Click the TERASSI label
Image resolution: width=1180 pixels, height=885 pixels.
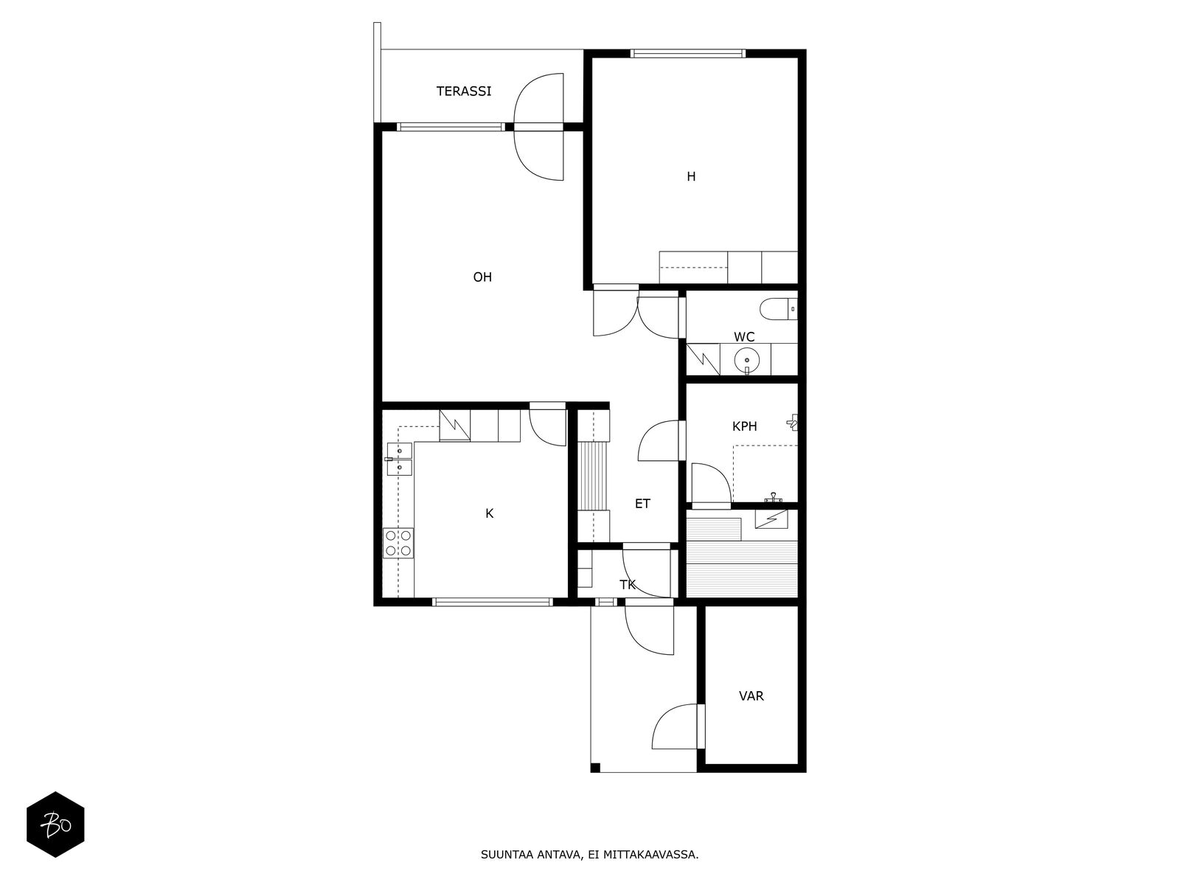click(x=463, y=91)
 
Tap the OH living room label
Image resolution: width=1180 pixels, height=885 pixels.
click(x=482, y=277)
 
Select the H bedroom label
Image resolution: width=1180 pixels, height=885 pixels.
click(x=691, y=176)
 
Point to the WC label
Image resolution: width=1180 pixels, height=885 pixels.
click(x=744, y=337)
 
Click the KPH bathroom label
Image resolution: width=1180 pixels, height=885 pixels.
click(x=744, y=426)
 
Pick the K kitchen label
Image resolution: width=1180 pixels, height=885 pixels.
click(x=489, y=513)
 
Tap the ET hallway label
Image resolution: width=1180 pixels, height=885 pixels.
click(x=642, y=504)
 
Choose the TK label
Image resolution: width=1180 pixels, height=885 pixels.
click(x=628, y=585)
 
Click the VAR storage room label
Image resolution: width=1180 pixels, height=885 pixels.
click(x=751, y=696)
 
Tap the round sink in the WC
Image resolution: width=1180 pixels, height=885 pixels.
click(x=746, y=361)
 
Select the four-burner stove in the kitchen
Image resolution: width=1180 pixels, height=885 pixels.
click(x=398, y=543)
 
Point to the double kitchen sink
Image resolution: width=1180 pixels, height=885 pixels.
click(x=400, y=459)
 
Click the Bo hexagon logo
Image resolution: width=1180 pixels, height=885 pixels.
click(x=55, y=825)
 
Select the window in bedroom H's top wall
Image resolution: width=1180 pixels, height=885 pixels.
click(x=687, y=53)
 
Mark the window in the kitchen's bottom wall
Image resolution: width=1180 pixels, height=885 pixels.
click(x=493, y=602)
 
